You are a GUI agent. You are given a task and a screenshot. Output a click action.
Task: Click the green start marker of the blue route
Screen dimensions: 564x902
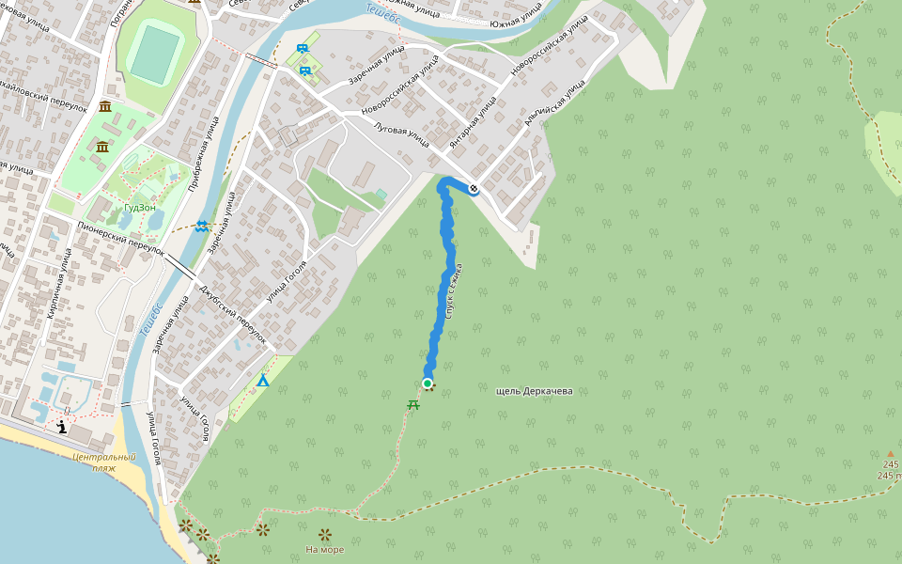[428, 384]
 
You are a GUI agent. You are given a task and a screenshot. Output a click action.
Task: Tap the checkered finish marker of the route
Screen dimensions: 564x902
[474, 189]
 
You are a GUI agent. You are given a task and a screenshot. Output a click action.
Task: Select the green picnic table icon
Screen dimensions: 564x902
[413, 405]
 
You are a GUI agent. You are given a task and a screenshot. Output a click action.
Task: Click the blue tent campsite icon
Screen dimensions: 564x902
[263, 381]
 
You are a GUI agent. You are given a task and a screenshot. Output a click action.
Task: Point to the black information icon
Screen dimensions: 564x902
[62, 427]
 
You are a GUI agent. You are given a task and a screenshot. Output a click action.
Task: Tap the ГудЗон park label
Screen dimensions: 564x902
[139, 208]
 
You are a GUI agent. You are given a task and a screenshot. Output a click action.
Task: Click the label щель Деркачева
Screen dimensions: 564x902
[534, 391]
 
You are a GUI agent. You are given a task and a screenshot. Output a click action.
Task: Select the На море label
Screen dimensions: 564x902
[325, 550]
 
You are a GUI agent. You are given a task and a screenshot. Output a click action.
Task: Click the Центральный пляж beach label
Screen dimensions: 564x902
[103, 462]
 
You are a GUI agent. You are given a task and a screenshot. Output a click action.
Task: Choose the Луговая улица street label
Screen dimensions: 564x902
[401, 135]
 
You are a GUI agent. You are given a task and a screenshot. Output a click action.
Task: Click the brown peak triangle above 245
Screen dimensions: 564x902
[891, 454]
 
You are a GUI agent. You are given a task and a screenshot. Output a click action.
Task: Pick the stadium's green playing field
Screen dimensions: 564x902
[155, 55]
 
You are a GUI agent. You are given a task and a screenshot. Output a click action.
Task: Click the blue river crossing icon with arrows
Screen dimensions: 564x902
[202, 226]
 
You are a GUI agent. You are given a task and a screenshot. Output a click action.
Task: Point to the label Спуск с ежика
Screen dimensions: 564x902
[456, 291]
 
